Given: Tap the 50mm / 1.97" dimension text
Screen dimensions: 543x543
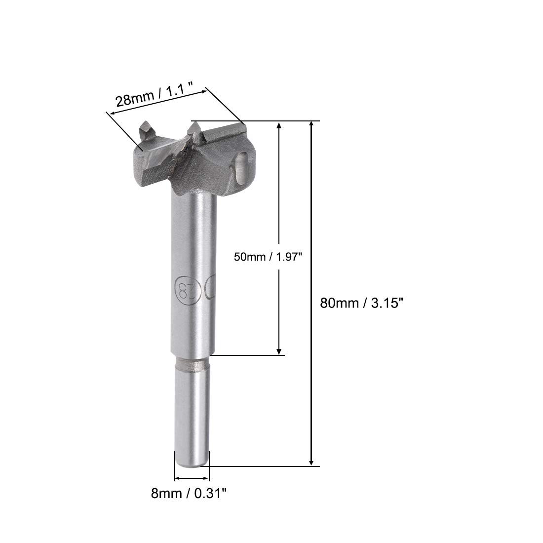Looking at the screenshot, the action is [268, 257].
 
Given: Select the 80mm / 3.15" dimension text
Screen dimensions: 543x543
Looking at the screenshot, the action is [361, 303].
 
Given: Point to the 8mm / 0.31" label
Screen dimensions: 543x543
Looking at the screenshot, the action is [189, 493].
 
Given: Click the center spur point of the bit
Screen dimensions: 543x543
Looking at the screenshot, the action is [194, 133].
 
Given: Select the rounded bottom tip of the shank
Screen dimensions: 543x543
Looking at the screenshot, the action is [192, 464].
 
